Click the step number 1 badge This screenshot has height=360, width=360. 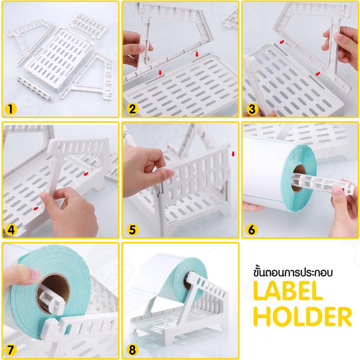pos(11,109)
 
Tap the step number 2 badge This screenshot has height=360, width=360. pos(133,109)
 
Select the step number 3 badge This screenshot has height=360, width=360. pos(252,109)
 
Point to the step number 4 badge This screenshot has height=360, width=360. pos(11,230)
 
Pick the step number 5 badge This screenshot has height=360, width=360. pos(133,230)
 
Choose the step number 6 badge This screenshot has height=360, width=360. pos(252,230)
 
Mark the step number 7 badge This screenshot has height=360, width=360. pos(11,350)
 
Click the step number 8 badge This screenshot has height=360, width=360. pos(133,350)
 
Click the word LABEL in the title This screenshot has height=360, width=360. pos(288,291)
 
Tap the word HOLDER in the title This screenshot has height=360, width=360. pos(303,316)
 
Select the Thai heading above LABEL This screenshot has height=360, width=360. pos(293,272)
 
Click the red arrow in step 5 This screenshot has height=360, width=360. pos(233,154)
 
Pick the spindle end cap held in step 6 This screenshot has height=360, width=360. pos(349,187)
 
